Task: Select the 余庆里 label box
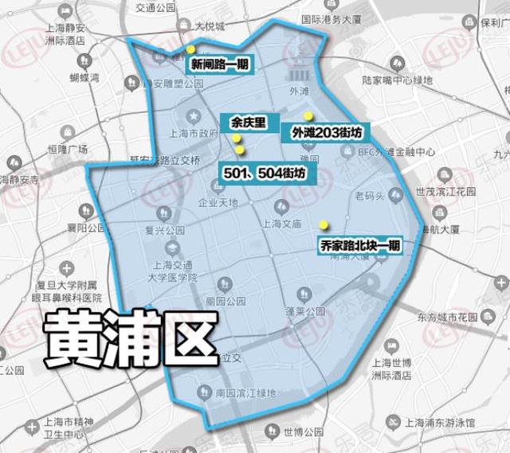click(x=248, y=123)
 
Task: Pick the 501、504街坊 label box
click(x=266, y=172)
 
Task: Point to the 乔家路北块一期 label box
click(x=359, y=246)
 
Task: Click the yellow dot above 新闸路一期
click(x=190, y=49)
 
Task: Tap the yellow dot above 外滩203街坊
click(x=308, y=115)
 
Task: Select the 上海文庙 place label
click(x=280, y=225)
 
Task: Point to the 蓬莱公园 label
click(x=300, y=311)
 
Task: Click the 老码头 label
click(x=370, y=194)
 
